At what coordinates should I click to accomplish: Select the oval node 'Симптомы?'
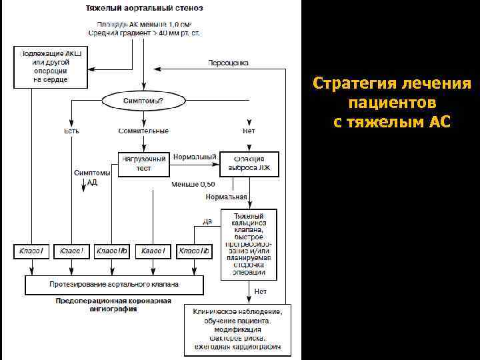143,101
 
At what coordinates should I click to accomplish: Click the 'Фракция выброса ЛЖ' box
249,163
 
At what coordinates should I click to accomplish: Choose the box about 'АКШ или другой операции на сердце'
41,66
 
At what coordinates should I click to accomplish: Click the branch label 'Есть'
71,131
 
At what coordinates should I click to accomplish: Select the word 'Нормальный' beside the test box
193,157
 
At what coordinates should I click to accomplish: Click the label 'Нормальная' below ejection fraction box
227,197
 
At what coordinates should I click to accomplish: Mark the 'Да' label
207,221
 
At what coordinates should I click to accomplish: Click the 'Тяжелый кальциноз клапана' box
249,244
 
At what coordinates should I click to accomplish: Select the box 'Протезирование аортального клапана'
114,284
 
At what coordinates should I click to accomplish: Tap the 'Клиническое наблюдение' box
237,329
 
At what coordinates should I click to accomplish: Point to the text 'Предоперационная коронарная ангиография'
113,305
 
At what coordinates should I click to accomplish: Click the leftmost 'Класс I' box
31,251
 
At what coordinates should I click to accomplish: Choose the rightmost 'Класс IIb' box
194,251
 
